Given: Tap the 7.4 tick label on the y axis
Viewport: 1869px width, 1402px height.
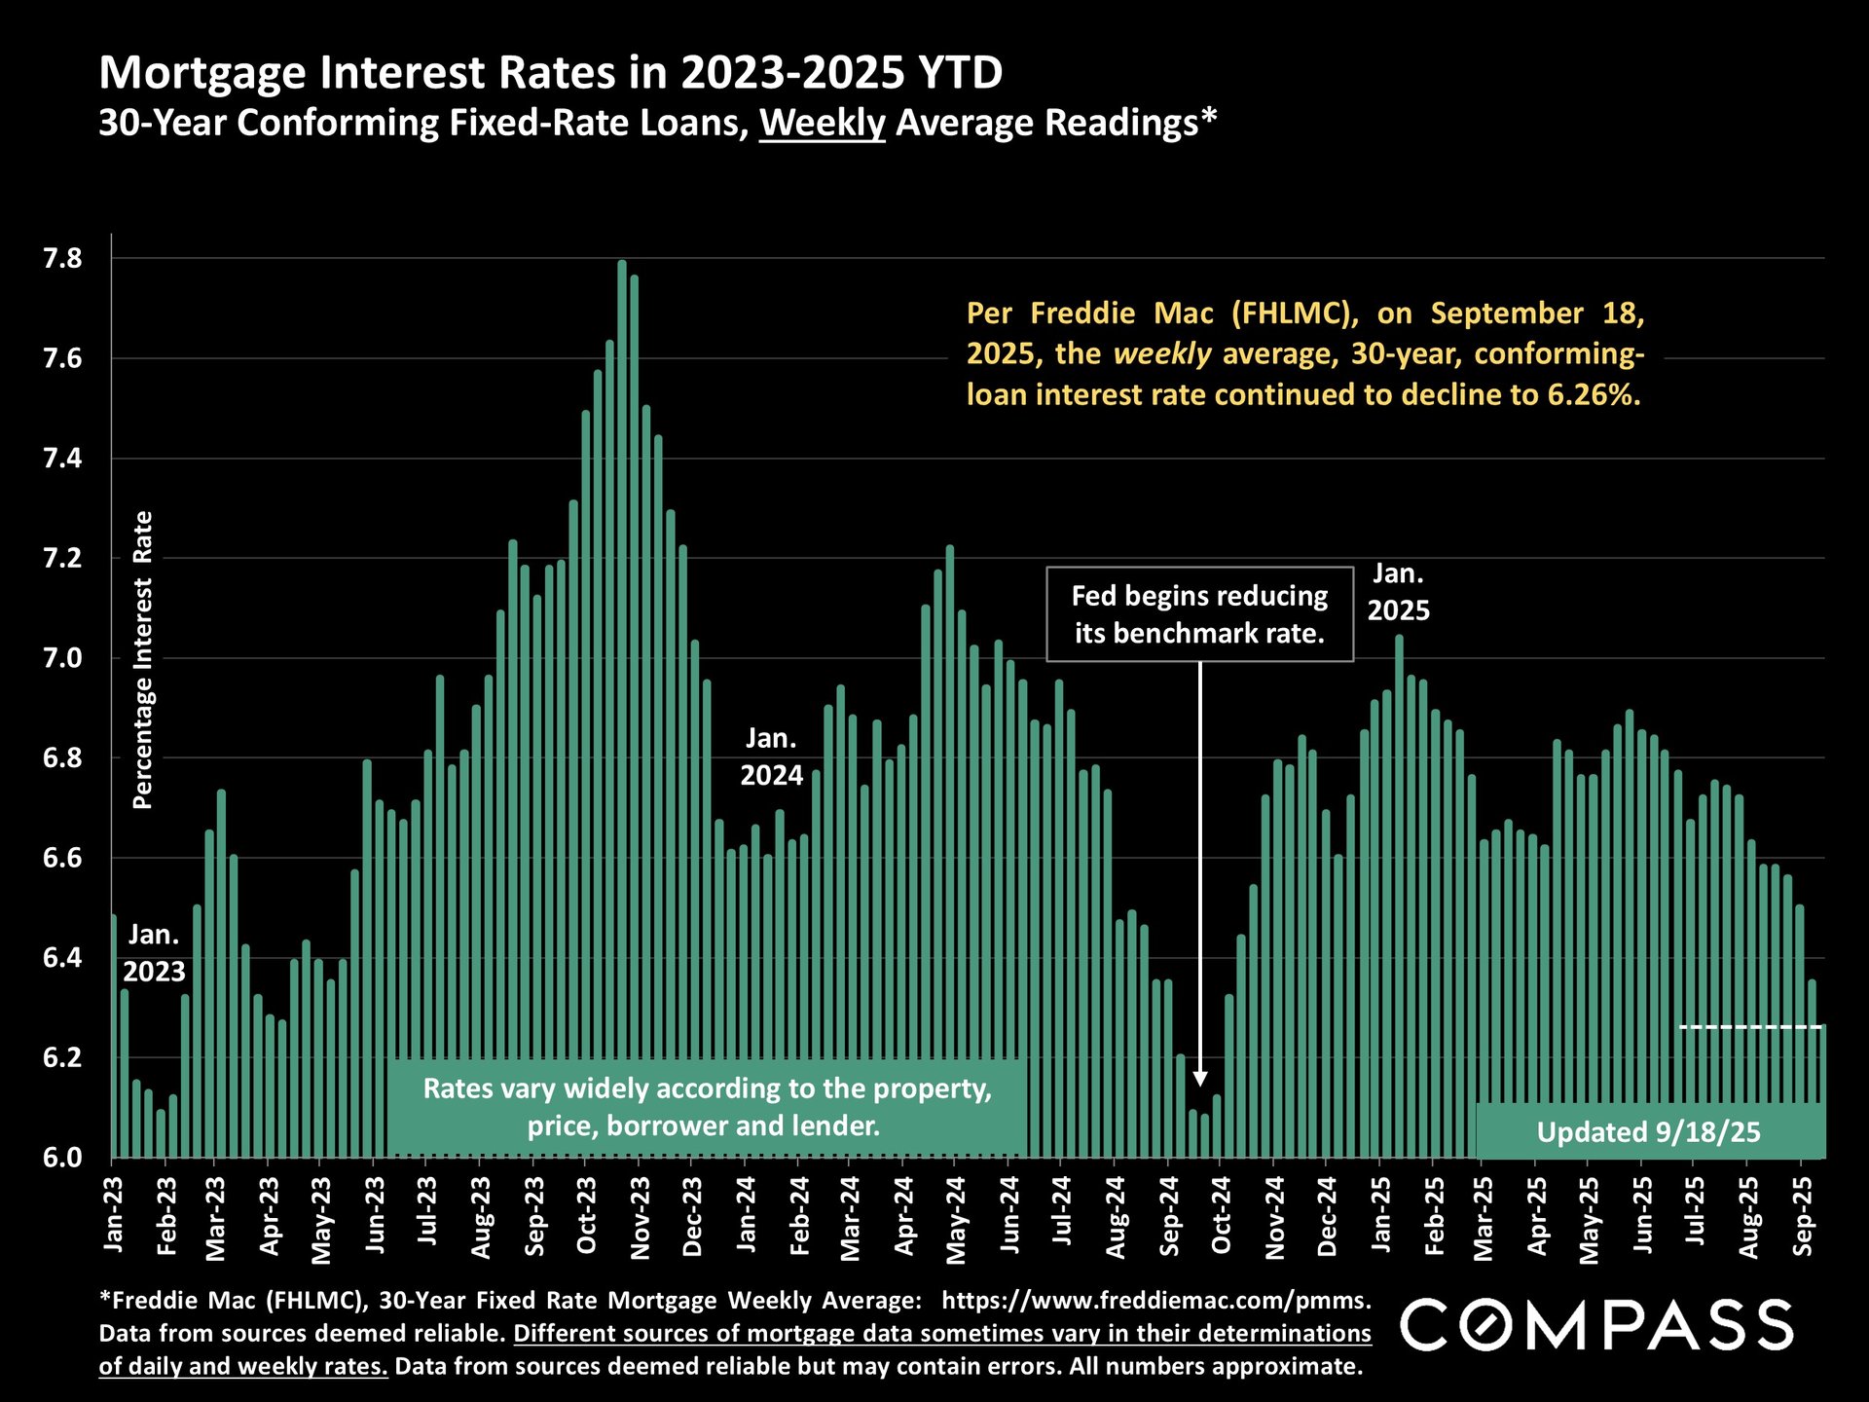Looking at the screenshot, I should pos(62,459).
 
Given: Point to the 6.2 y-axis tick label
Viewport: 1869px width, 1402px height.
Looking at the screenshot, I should pos(62,1057).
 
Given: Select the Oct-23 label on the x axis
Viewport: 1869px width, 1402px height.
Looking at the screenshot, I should pos(586,1217).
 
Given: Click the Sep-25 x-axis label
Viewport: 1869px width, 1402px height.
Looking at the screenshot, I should pos(1803,1217).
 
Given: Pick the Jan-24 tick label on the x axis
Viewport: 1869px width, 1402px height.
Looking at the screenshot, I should pos(746,1217).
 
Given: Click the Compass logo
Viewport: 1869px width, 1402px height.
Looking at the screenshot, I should pos(1596,1325).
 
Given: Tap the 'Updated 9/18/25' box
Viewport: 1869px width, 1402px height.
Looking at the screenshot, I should pos(1649,1131).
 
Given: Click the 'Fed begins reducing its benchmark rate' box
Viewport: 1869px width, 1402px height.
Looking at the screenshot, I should pos(1199,614).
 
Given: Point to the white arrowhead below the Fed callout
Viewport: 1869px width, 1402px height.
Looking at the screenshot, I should pos(1200,1079).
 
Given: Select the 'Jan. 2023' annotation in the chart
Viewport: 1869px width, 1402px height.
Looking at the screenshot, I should pos(154,953).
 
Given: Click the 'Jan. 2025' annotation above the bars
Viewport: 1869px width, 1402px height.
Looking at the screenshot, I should pos(1398,592).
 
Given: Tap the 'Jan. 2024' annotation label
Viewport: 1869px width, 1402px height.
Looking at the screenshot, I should pos(771,756).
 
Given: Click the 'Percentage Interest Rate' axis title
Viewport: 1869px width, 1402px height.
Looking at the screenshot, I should pos(143,660).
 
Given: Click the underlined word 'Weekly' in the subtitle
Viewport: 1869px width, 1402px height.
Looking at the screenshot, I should pos(822,124).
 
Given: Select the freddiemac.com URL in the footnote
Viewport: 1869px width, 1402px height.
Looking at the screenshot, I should pos(1155,1301).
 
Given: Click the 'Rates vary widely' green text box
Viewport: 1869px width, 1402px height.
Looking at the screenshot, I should pos(707,1107).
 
